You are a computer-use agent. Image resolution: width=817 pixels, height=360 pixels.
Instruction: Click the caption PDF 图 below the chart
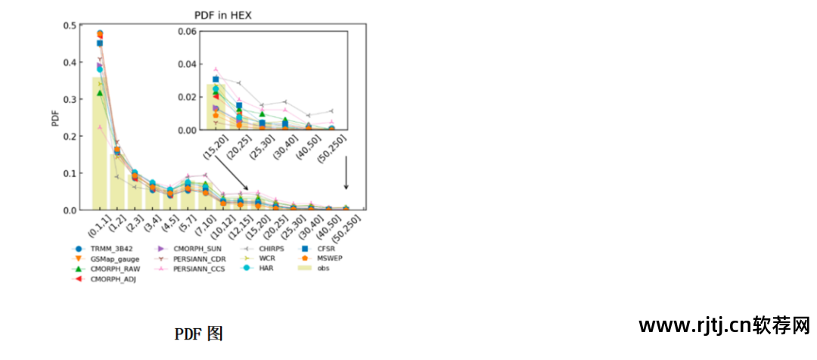click(x=198, y=334)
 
